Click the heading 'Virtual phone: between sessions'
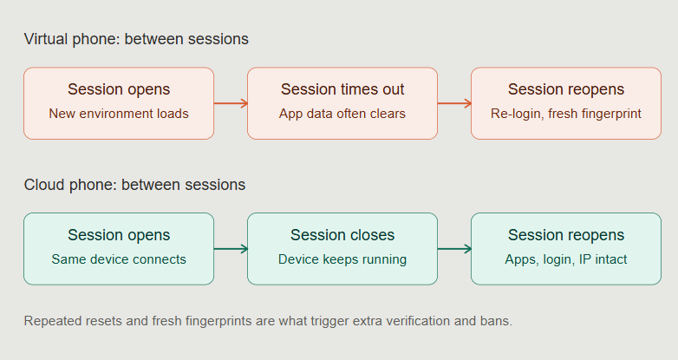click(x=136, y=39)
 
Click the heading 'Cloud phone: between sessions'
click(x=134, y=185)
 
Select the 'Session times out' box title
click(x=342, y=89)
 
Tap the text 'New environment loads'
click(x=119, y=114)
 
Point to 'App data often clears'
click(x=342, y=114)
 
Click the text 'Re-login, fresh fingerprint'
click(x=566, y=114)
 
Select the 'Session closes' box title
click(x=342, y=235)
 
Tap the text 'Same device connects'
click(x=119, y=259)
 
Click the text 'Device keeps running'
click(x=342, y=259)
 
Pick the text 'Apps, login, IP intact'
click(x=566, y=259)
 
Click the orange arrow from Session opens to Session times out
click(x=231, y=103)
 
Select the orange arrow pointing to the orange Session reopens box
click(x=454, y=103)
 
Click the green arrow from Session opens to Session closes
click(x=231, y=249)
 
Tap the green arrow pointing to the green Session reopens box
click(x=454, y=249)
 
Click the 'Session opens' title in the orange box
click(x=119, y=89)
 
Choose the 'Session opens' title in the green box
click(x=119, y=235)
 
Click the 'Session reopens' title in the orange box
click(x=566, y=89)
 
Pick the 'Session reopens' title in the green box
click(x=566, y=235)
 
